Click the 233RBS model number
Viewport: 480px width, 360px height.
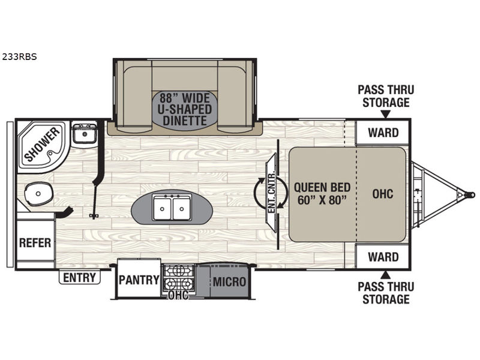pyautogui.click(x=19, y=57)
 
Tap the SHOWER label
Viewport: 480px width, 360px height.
pyautogui.click(x=42, y=144)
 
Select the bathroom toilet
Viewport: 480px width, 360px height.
pyautogui.click(x=38, y=194)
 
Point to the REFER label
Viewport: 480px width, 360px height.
pyautogui.click(x=35, y=243)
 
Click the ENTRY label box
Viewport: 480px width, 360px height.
pyautogui.click(x=80, y=278)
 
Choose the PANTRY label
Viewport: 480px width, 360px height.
pyautogui.click(x=139, y=280)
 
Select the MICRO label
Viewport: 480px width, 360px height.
pyautogui.click(x=229, y=281)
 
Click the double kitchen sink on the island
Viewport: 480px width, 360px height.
pyautogui.click(x=172, y=207)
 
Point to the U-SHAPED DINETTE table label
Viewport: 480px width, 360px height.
pyautogui.click(x=185, y=109)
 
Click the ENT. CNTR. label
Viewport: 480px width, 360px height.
pyautogui.click(x=271, y=193)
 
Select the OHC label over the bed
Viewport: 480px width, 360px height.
pyautogui.click(x=383, y=193)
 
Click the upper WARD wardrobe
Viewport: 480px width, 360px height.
pyautogui.click(x=383, y=133)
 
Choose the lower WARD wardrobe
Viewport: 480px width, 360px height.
pyautogui.click(x=383, y=257)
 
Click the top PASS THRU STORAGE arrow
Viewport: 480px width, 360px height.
pyautogui.click(x=386, y=114)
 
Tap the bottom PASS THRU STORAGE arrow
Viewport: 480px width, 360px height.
pyautogui.click(x=386, y=275)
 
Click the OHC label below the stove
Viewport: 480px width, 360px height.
pyautogui.click(x=178, y=296)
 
